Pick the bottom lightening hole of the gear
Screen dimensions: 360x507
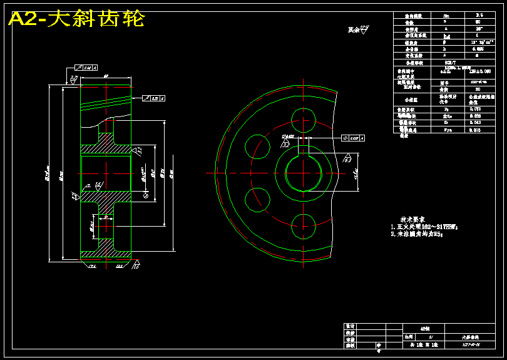point(303,224)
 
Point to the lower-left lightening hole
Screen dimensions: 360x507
point(257,198)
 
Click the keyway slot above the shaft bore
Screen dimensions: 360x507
point(303,150)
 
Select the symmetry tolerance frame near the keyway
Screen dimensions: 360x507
point(354,136)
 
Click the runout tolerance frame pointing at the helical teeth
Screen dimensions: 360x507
point(153,98)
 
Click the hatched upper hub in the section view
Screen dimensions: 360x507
point(106,149)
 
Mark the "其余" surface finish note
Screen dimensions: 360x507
point(357,29)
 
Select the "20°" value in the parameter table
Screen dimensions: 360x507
point(478,28)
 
